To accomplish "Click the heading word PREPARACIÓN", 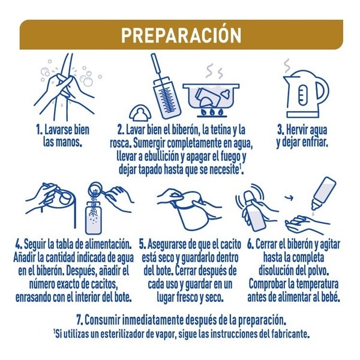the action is click(x=181, y=35).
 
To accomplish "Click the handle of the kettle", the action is click(x=323, y=90).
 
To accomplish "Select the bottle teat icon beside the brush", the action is click(x=140, y=113).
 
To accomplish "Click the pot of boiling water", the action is click(x=211, y=97).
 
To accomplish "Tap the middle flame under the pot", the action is click(x=212, y=112).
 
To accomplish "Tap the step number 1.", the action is click(x=39, y=130).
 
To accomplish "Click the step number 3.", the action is click(x=281, y=130).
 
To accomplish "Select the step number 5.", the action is click(x=142, y=244).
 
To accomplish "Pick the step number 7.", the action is click(x=80, y=320).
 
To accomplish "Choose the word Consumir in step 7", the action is click(x=103, y=320).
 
